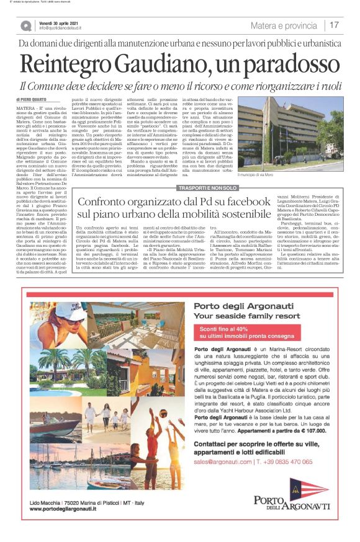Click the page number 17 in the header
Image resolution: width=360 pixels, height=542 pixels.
tap(334, 25)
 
